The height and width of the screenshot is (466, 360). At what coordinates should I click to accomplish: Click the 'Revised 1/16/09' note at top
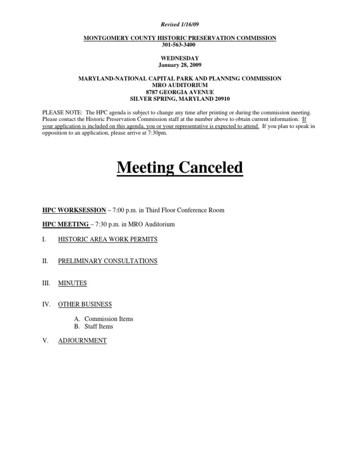[x=180, y=24]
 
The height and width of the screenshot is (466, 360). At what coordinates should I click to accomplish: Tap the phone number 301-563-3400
[x=180, y=45]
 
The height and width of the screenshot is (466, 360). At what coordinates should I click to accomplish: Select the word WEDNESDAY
[x=180, y=59]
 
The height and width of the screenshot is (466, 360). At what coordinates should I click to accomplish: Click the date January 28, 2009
[x=180, y=65]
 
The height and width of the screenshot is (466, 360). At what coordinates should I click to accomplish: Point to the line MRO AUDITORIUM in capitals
[x=180, y=85]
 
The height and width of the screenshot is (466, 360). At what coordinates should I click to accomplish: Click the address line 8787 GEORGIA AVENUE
[x=180, y=92]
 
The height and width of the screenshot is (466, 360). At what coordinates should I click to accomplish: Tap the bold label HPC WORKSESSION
[x=74, y=210]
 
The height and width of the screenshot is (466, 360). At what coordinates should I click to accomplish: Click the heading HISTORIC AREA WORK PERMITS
[x=107, y=239]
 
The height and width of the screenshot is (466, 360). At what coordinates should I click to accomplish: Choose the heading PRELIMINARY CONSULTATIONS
[x=107, y=261]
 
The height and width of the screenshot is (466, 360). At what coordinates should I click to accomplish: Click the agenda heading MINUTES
[x=72, y=283]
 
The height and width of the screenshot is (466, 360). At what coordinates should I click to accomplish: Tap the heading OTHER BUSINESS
[x=85, y=304]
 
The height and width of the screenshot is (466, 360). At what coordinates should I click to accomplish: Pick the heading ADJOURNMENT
[x=82, y=340]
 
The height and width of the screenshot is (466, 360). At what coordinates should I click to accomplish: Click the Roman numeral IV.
[x=46, y=304]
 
